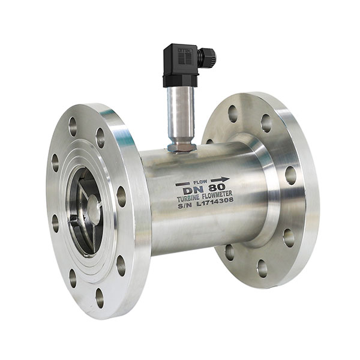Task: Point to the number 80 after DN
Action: [218, 187]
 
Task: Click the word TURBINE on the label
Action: [190, 200]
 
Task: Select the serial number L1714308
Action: [214, 206]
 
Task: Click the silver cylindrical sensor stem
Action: [180, 114]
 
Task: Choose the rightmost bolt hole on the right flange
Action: [290, 175]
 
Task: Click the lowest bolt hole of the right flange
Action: [262, 268]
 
